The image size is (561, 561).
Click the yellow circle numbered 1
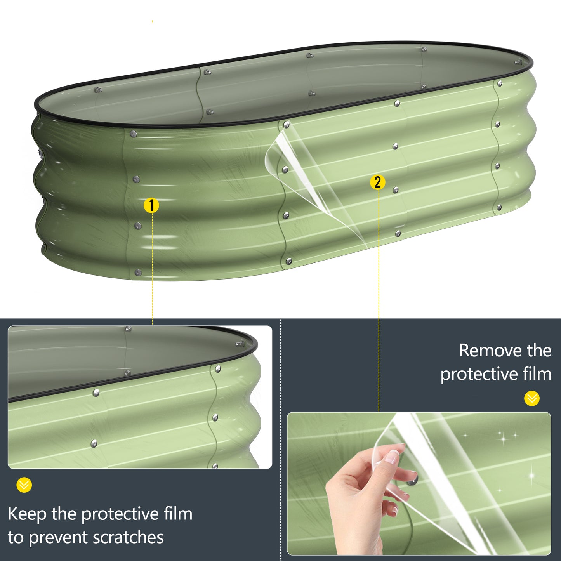151,206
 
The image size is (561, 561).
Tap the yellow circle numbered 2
378,182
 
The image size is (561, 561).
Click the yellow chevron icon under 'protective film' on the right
532,398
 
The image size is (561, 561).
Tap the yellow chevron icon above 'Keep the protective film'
24,485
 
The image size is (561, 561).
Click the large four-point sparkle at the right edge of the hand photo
531,476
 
